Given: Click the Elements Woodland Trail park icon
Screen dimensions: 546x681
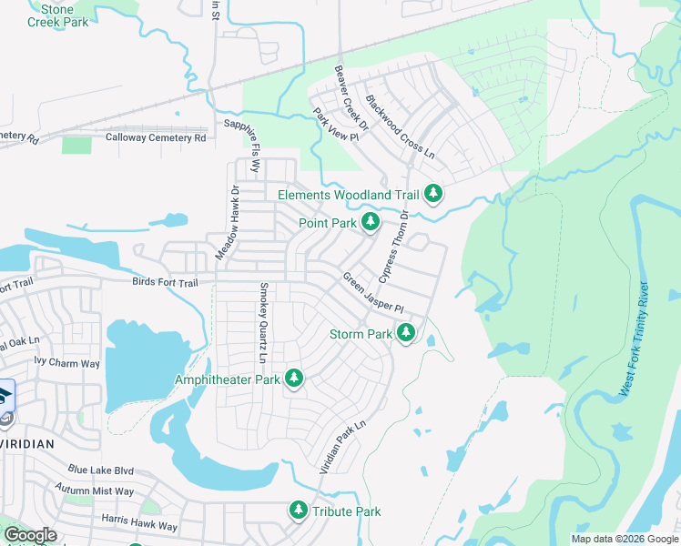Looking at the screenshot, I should [433, 194].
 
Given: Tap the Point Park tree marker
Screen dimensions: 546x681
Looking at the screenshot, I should [370, 222].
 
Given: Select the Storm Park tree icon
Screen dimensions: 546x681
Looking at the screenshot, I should [406, 334].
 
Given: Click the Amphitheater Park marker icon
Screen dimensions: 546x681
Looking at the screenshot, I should [293, 378].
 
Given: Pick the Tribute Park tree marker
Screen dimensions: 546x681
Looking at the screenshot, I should [298, 511].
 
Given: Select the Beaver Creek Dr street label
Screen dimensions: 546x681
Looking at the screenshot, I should [350, 96].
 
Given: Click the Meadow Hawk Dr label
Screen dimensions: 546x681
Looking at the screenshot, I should [227, 224].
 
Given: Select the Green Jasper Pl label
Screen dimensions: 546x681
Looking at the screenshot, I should [372, 293].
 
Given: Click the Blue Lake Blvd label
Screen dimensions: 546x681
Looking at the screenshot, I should [100, 470].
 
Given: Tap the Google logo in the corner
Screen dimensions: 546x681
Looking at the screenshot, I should [30, 535].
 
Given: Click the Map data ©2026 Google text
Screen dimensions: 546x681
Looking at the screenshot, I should [624, 539].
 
